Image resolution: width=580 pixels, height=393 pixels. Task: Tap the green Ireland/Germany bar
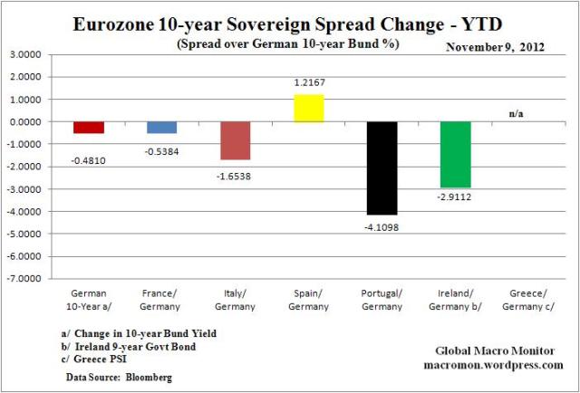(456, 155)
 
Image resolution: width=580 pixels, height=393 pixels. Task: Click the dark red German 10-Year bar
(89, 128)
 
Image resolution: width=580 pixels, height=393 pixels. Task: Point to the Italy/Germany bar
(236, 140)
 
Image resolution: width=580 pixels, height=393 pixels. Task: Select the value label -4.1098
(382, 226)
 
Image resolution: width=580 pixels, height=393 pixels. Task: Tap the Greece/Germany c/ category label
(528, 299)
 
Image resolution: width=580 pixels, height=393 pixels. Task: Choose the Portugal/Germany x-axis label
(382, 299)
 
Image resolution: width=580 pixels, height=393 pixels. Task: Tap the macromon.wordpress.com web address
(494, 364)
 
